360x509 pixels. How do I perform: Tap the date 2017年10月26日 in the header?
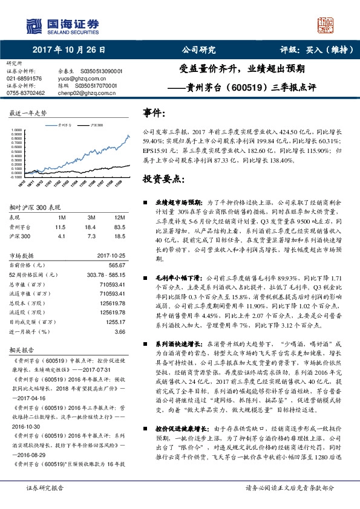coord(68,50)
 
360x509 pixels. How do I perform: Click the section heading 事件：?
coord(154,113)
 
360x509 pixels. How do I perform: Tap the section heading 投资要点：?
coord(163,180)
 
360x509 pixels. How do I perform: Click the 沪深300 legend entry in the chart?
coord(96,123)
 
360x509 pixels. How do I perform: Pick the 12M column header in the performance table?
coord(120,216)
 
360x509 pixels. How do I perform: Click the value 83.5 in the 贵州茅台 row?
coord(119,226)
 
